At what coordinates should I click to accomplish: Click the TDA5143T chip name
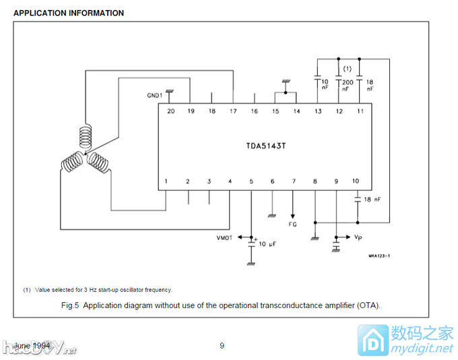[x=266, y=146]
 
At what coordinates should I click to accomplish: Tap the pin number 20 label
[x=170, y=111]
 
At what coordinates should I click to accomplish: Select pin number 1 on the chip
[x=166, y=181]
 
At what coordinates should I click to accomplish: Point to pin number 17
[x=233, y=111]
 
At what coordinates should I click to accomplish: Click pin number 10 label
[x=356, y=181]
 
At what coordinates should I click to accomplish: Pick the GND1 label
[x=154, y=96]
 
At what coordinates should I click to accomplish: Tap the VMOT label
[x=224, y=238]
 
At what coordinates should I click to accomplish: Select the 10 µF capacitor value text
[x=267, y=243]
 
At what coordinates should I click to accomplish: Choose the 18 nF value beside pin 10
[x=372, y=200]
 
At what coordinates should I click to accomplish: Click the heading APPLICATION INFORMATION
[x=69, y=13]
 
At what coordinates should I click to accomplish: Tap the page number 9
[x=222, y=346]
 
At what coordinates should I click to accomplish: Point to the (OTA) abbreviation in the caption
[x=368, y=305]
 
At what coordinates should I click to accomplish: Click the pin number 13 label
[x=318, y=111]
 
